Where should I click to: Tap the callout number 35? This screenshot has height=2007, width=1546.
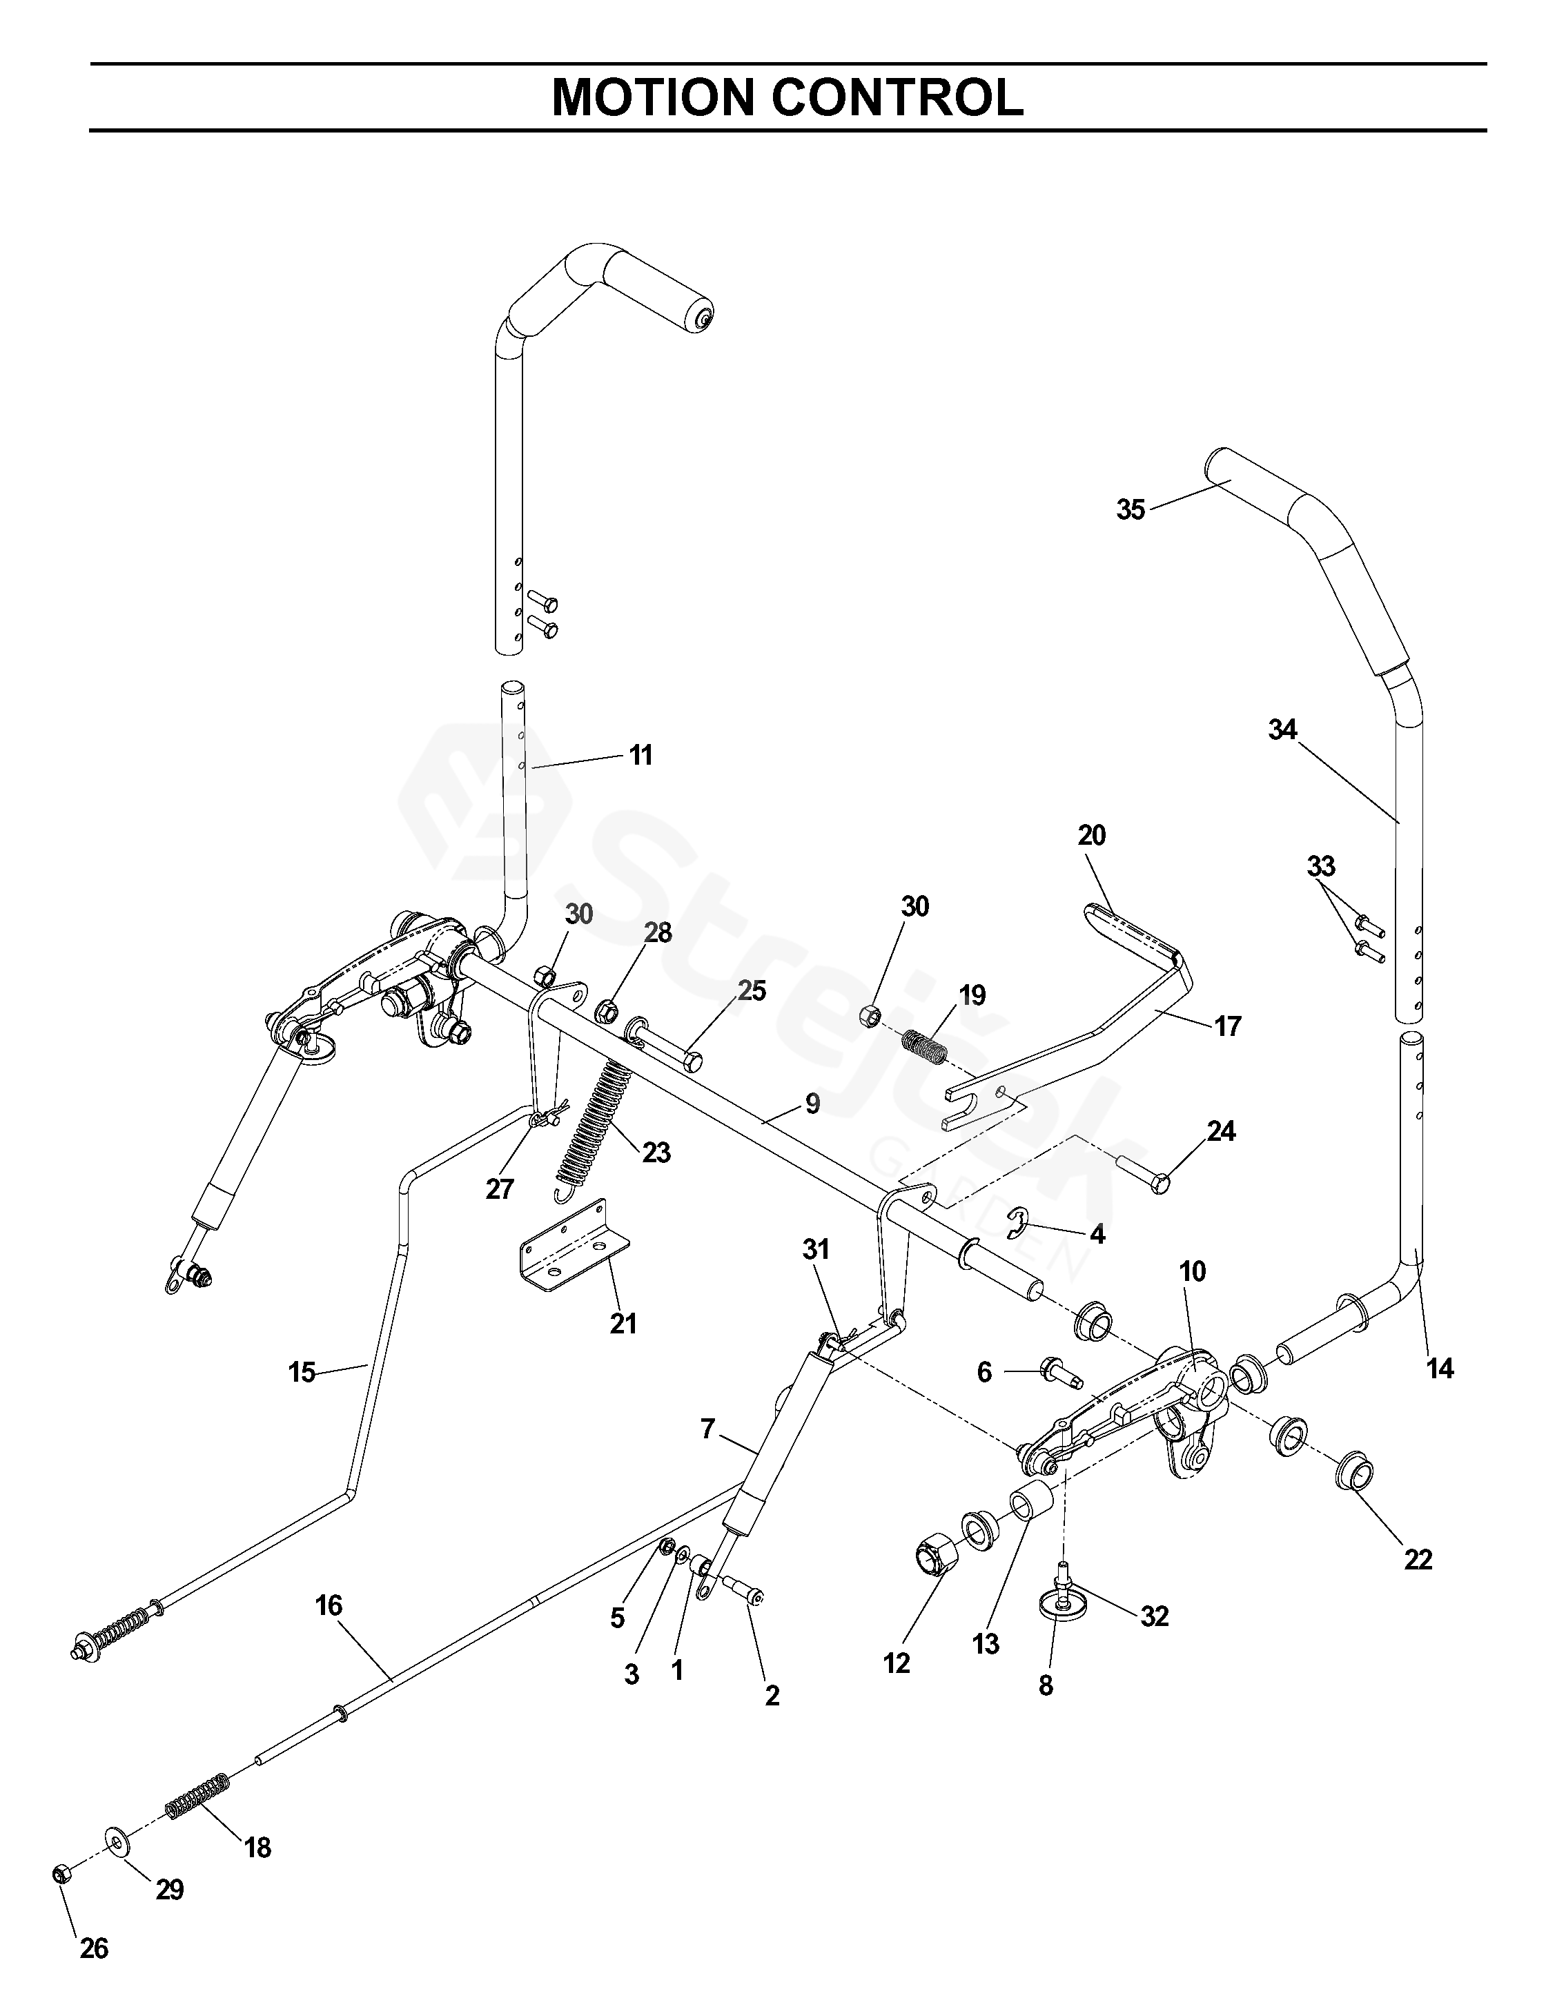point(1131,509)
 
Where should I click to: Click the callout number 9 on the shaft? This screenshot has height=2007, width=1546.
point(812,1104)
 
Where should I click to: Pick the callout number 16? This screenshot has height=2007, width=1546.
point(328,1605)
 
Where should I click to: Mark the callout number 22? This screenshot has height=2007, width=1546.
point(1418,1560)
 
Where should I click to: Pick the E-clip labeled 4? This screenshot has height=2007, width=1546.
point(1020,1224)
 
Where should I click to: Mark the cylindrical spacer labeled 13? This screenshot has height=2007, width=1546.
point(1030,1505)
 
